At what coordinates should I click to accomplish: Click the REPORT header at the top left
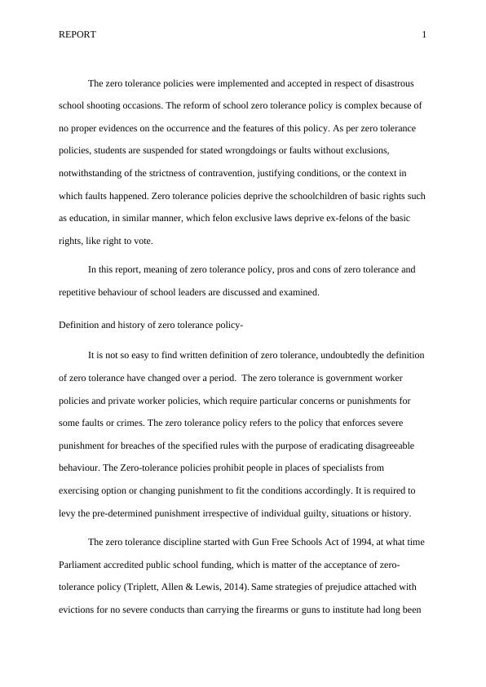[77, 34]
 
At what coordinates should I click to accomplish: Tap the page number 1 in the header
[424, 34]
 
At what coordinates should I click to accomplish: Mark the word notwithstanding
[92, 174]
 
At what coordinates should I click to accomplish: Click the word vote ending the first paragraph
[143, 242]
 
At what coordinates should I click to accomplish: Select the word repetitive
[81, 292]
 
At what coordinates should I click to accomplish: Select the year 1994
[328, 543]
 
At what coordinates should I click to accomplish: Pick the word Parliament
[82, 565]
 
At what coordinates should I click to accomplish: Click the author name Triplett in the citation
[192, 587]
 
